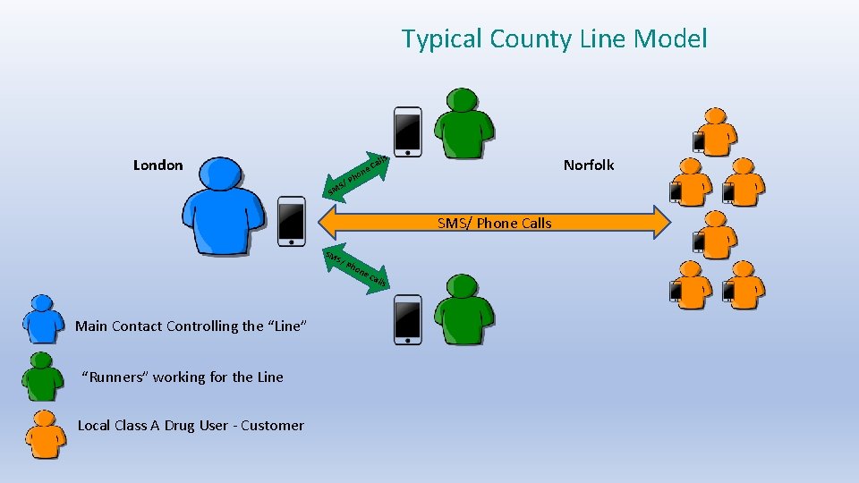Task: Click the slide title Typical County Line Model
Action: (x=554, y=38)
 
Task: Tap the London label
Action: (x=157, y=165)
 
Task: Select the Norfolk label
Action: (x=589, y=165)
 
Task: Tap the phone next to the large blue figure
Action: (x=292, y=221)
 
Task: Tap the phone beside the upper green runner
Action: (x=408, y=132)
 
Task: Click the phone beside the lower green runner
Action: (x=408, y=319)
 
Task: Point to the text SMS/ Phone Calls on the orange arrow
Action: (x=495, y=223)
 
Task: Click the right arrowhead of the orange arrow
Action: (x=659, y=222)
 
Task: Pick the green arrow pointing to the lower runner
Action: (x=356, y=269)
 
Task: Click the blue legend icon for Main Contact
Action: (x=44, y=319)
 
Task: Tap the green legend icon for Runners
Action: (x=44, y=376)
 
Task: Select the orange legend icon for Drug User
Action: (x=44, y=433)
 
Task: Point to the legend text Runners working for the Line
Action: (x=183, y=377)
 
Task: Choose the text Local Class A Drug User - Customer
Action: (x=191, y=425)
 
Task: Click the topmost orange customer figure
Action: (x=717, y=130)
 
